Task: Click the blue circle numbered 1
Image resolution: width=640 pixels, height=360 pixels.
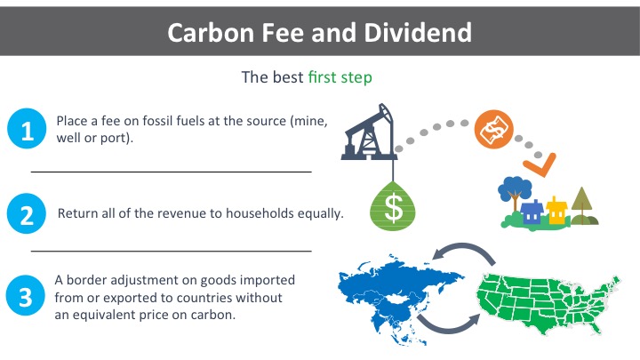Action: (x=27, y=128)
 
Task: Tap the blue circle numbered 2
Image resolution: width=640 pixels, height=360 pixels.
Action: (x=27, y=213)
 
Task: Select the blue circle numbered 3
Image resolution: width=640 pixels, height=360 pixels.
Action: (x=25, y=295)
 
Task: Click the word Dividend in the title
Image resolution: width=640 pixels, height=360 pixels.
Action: (x=418, y=32)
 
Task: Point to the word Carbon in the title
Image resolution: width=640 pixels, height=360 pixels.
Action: (x=211, y=32)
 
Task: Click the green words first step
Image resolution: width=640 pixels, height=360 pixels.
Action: (x=340, y=77)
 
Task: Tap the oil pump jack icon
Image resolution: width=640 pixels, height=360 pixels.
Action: (x=369, y=132)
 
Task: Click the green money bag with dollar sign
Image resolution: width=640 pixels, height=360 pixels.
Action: (x=393, y=206)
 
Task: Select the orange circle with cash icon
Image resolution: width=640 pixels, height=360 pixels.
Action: (x=494, y=129)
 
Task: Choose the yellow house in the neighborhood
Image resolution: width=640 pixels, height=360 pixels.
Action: (x=556, y=210)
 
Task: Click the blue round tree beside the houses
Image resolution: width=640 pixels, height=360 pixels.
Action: (x=515, y=191)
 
